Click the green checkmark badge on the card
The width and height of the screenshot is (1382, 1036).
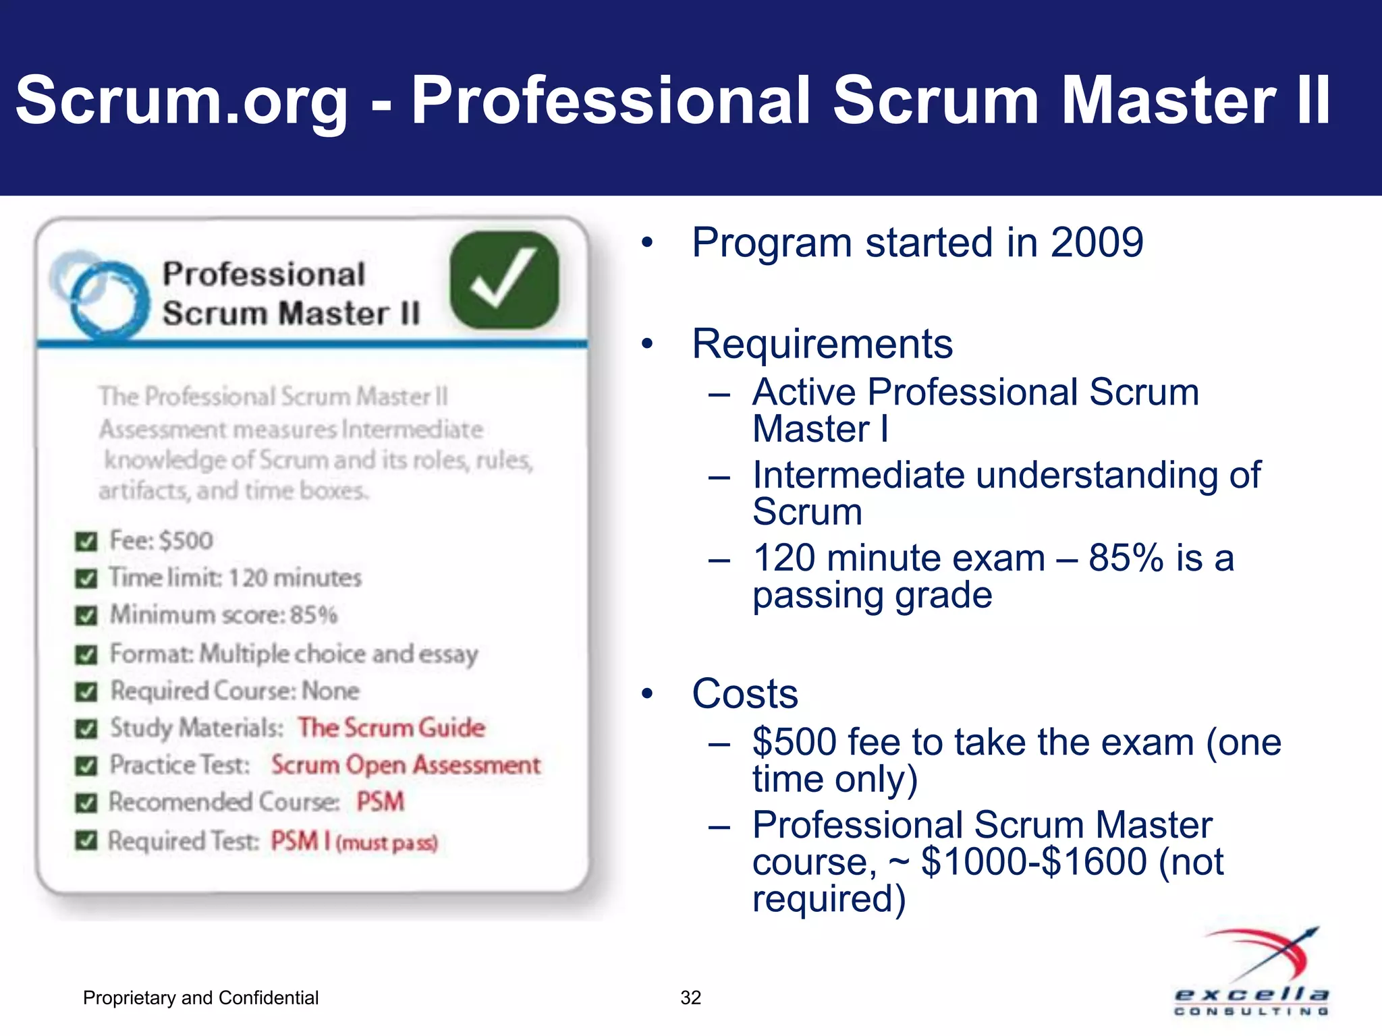[x=504, y=280]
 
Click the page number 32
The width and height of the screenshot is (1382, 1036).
[x=690, y=998]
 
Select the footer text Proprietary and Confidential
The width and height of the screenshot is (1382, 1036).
[x=200, y=998]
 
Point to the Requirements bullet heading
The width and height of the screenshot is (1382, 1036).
[x=822, y=344]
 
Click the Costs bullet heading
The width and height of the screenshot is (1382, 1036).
[x=744, y=693]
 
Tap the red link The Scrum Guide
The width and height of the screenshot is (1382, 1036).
[x=391, y=727]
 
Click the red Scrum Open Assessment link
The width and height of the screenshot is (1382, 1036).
[x=406, y=765]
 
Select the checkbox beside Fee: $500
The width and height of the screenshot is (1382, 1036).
[x=86, y=542]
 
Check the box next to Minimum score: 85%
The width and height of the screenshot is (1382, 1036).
[x=86, y=616]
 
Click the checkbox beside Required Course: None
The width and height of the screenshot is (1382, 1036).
[x=86, y=692]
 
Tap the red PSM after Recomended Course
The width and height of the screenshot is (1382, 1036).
[x=380, y=802]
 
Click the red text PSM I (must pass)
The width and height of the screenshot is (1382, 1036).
[x=354, y=841]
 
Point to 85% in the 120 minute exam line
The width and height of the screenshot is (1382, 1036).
[x=1126, y=558]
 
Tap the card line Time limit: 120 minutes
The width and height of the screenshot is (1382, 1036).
[x=236, y=578]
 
